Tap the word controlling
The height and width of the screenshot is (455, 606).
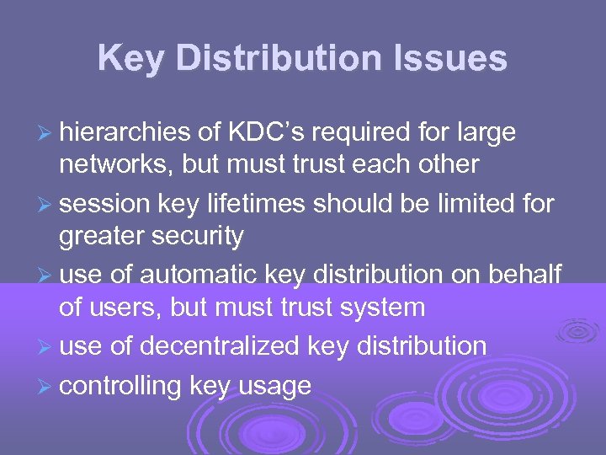pyautogui.click(x=120, y=387)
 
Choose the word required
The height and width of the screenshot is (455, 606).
pyautogui.click(x=405, y=132)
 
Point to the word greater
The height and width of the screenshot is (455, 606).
pyautogui.click(x=102, y=237)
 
